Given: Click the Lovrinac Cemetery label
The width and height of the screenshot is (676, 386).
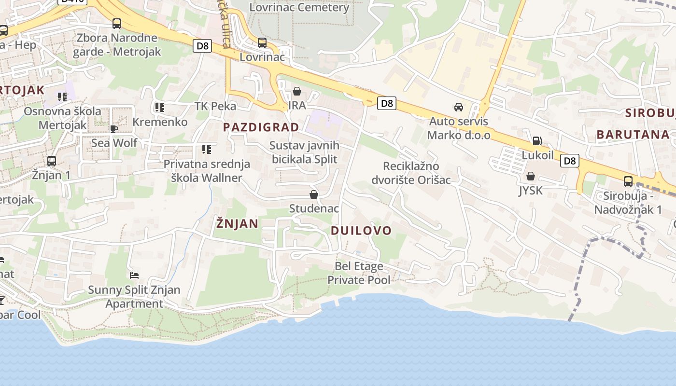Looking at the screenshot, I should (299, 7).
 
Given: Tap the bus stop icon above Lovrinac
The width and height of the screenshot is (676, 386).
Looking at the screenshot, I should (262, 43).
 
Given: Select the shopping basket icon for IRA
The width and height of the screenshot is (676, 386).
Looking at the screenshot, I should (297, 91).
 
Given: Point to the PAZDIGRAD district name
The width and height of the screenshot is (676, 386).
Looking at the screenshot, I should (261, 127).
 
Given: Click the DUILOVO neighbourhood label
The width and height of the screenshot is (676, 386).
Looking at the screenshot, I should (361, 231).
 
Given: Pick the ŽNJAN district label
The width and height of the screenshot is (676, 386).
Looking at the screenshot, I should (237, 223).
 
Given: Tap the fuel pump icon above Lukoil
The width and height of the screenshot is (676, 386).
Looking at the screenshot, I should (537, 141).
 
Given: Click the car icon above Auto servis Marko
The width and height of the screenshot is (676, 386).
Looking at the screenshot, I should (458, 107).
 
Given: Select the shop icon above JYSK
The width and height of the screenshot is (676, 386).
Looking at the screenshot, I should (531, 176).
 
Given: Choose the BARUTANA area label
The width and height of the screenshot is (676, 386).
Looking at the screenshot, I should (633, 135).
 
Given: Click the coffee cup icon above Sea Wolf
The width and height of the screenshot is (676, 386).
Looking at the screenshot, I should (114, 128).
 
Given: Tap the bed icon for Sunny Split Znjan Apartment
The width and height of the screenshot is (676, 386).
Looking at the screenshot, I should (134, 276).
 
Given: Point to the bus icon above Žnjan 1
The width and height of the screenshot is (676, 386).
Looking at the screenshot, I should (52, 161).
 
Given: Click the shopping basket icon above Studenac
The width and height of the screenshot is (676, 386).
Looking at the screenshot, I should (314, 194).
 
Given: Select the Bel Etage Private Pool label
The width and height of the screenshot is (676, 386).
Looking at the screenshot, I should (359, 273).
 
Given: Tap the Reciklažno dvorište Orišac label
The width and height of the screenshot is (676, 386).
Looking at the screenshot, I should (410, 173).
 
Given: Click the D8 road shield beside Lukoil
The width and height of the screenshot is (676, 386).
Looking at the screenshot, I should (570, 161).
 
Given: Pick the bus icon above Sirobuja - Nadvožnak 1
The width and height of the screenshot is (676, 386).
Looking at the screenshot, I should (628, 181).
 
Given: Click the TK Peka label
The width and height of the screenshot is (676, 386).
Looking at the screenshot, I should (215, 106).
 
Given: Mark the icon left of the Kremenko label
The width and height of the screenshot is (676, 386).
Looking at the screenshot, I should (160, 108).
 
